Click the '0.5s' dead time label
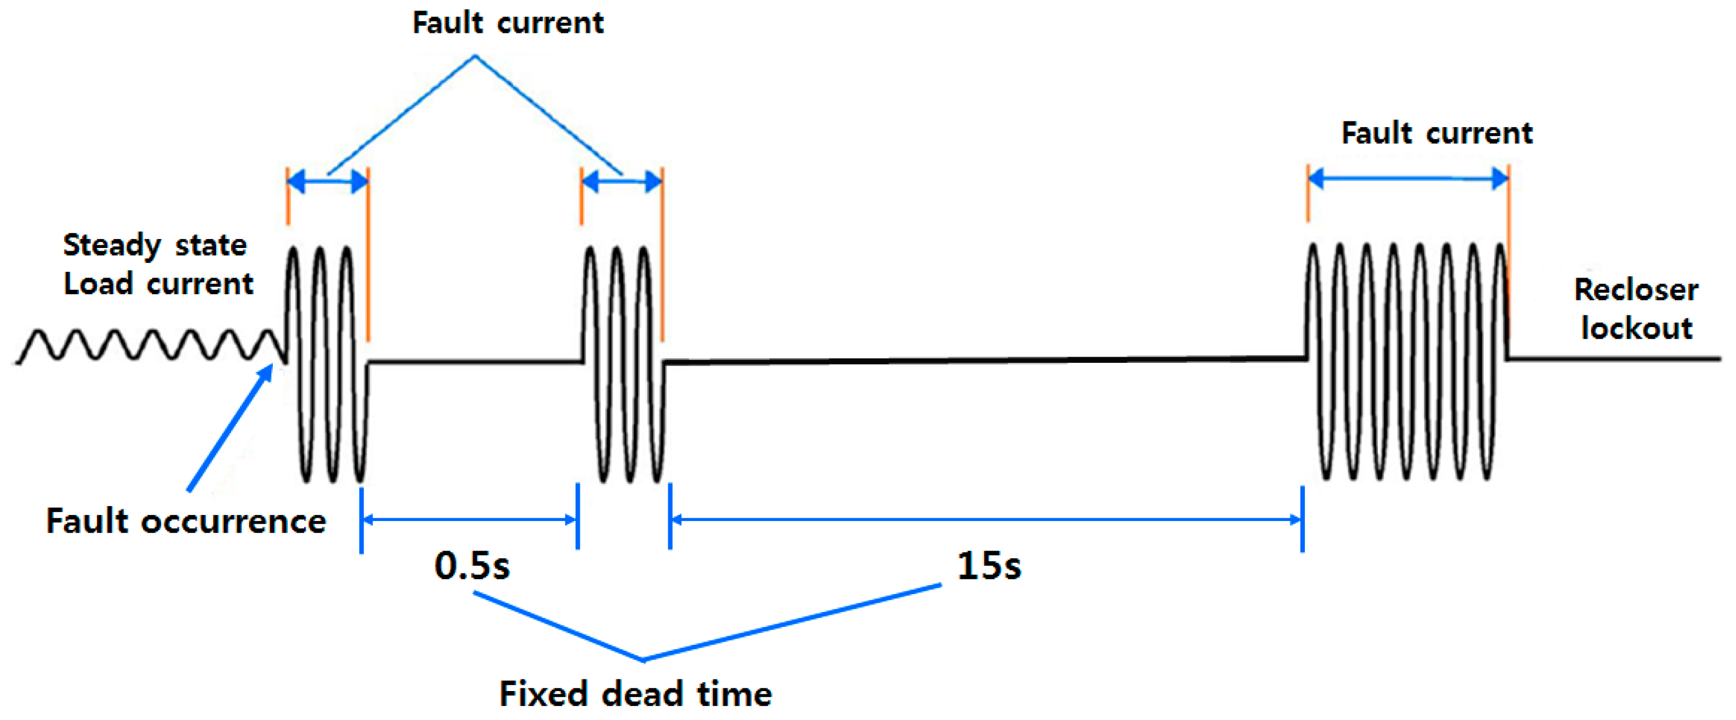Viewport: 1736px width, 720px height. pyautogui.click(x=472, y=565)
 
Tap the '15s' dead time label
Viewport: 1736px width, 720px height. pyautogui.click(x=989, y=565)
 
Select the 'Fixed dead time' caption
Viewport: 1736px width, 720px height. pyautogui.click(x=635, y=693)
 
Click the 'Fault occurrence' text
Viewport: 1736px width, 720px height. pyautogui.click(x=185, y=521)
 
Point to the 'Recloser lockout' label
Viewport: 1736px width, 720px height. pyautogui.click(x=1636, y=309)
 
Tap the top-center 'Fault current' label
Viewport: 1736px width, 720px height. pyautogui.click(x=507, y=23)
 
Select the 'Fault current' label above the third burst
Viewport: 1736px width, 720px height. pyautogui.click(x=1437, y=133)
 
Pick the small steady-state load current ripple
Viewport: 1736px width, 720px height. pyautogui.click(x=148, y=345)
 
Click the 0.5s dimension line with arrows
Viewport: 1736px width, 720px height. pyautogui.click(x=470, y=519)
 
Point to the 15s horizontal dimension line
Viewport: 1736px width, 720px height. pyautogui.click(x=986, y=519)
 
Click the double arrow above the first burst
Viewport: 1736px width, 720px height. pyautogui.click(x=328, y=181)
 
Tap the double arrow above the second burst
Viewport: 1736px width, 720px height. pyautogui.click(x=622, y=181)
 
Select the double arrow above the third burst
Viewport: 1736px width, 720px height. pyautogui.click(x=1408, y=179)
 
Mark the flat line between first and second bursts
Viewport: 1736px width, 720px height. pyautogui.click(x=475, y=363)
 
